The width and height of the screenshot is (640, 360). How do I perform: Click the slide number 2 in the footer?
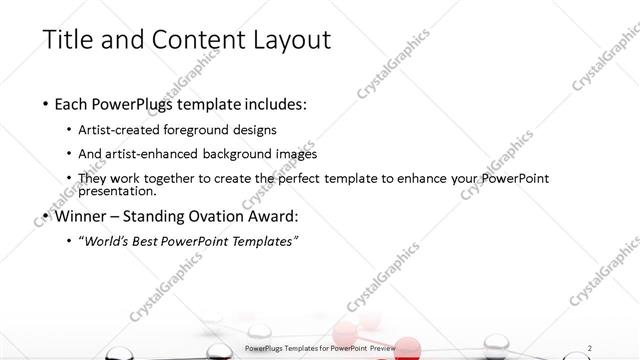(x=590, y=347)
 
